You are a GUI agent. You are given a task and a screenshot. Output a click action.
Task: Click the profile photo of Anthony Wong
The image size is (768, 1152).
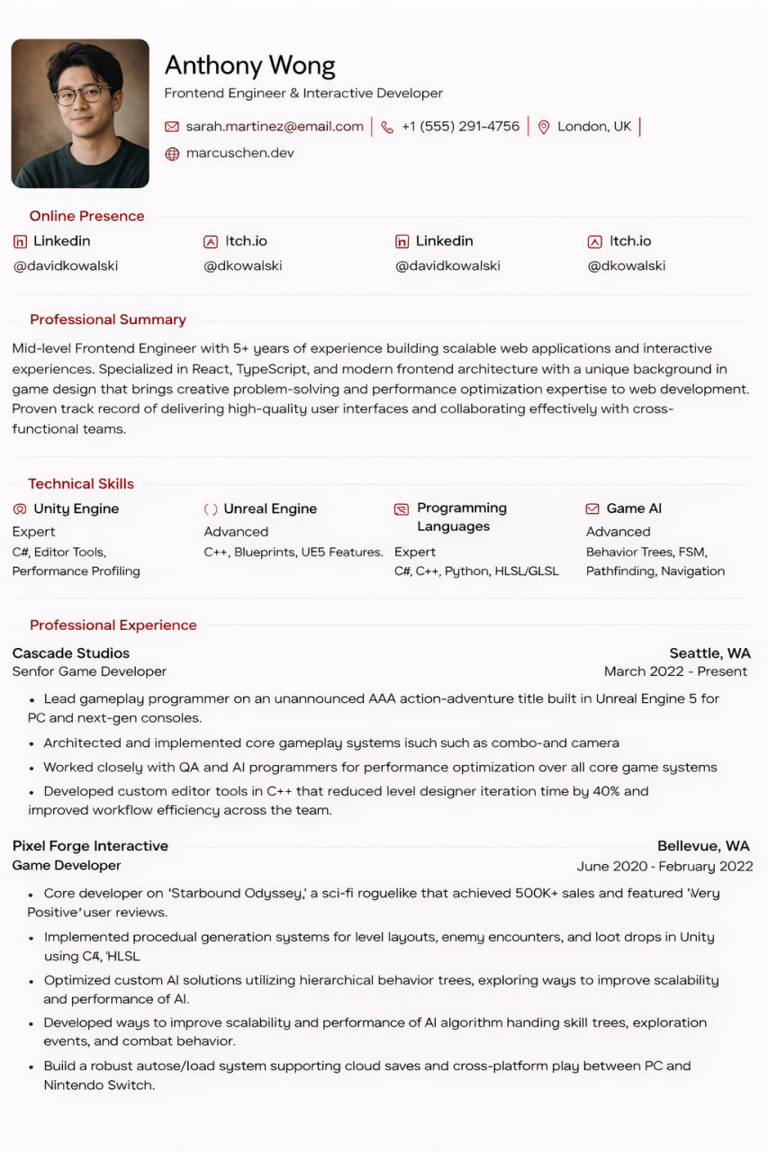pyautogui.click(x=80, y=113)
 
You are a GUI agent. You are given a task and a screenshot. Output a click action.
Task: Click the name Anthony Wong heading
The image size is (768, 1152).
pyautogui.click(x=249, y=66)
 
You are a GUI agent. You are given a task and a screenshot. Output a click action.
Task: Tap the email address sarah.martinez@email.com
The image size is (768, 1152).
pyautogui.click(x=275, y=127)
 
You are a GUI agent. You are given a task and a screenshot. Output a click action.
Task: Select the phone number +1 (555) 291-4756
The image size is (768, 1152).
pyautogui.click(x=460, y=127)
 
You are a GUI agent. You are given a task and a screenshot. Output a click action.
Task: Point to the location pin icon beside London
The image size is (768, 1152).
pyautogui.click(x=544, y=128)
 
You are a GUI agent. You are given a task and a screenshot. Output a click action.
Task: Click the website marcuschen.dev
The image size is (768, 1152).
pyautogui.click(x=239, y=153)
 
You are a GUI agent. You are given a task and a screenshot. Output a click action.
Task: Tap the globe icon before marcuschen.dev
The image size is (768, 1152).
pyautogui.click(x=172, y=154)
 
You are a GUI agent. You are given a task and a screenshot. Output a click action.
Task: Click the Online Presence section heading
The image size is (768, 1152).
pyautogui.click(x=86, y=216)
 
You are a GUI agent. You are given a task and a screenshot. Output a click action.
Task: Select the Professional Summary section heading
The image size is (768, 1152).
pyautogui.click(x=107, y=319)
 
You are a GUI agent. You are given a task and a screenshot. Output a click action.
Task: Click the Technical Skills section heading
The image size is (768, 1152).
pyautogui.click(x=80, y=484)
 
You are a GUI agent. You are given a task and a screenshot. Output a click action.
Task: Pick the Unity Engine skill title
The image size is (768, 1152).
pyautogui.click(x=76, y=508)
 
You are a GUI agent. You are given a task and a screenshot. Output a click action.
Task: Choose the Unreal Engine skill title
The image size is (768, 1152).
pyautogui.click(x=270, y=508)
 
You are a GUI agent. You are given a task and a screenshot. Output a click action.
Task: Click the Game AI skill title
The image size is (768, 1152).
pyautogui.click(x=634, y=508)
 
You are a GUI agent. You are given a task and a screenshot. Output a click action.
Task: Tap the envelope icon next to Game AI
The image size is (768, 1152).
pyautogui.click(x=592, y=509)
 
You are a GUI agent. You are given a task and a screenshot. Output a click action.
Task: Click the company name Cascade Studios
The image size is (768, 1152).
pyautogui.click(x=71, y=653)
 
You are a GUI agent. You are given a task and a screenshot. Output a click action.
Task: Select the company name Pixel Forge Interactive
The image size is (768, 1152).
pyautogui.click(x=90, y=846)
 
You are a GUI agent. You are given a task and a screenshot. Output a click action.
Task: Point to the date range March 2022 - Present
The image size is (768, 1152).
pyautogui.click(x=675, y=671)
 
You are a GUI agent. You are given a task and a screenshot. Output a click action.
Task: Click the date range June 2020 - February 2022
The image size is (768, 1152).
pyautogui.click(x=664, y=867)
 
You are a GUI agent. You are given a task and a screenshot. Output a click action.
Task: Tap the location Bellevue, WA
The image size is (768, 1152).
pyautogui.click(x=703, y=846)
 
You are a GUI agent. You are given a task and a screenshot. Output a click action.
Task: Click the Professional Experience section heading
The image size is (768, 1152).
pyautogui.click(x=113, y=625)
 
